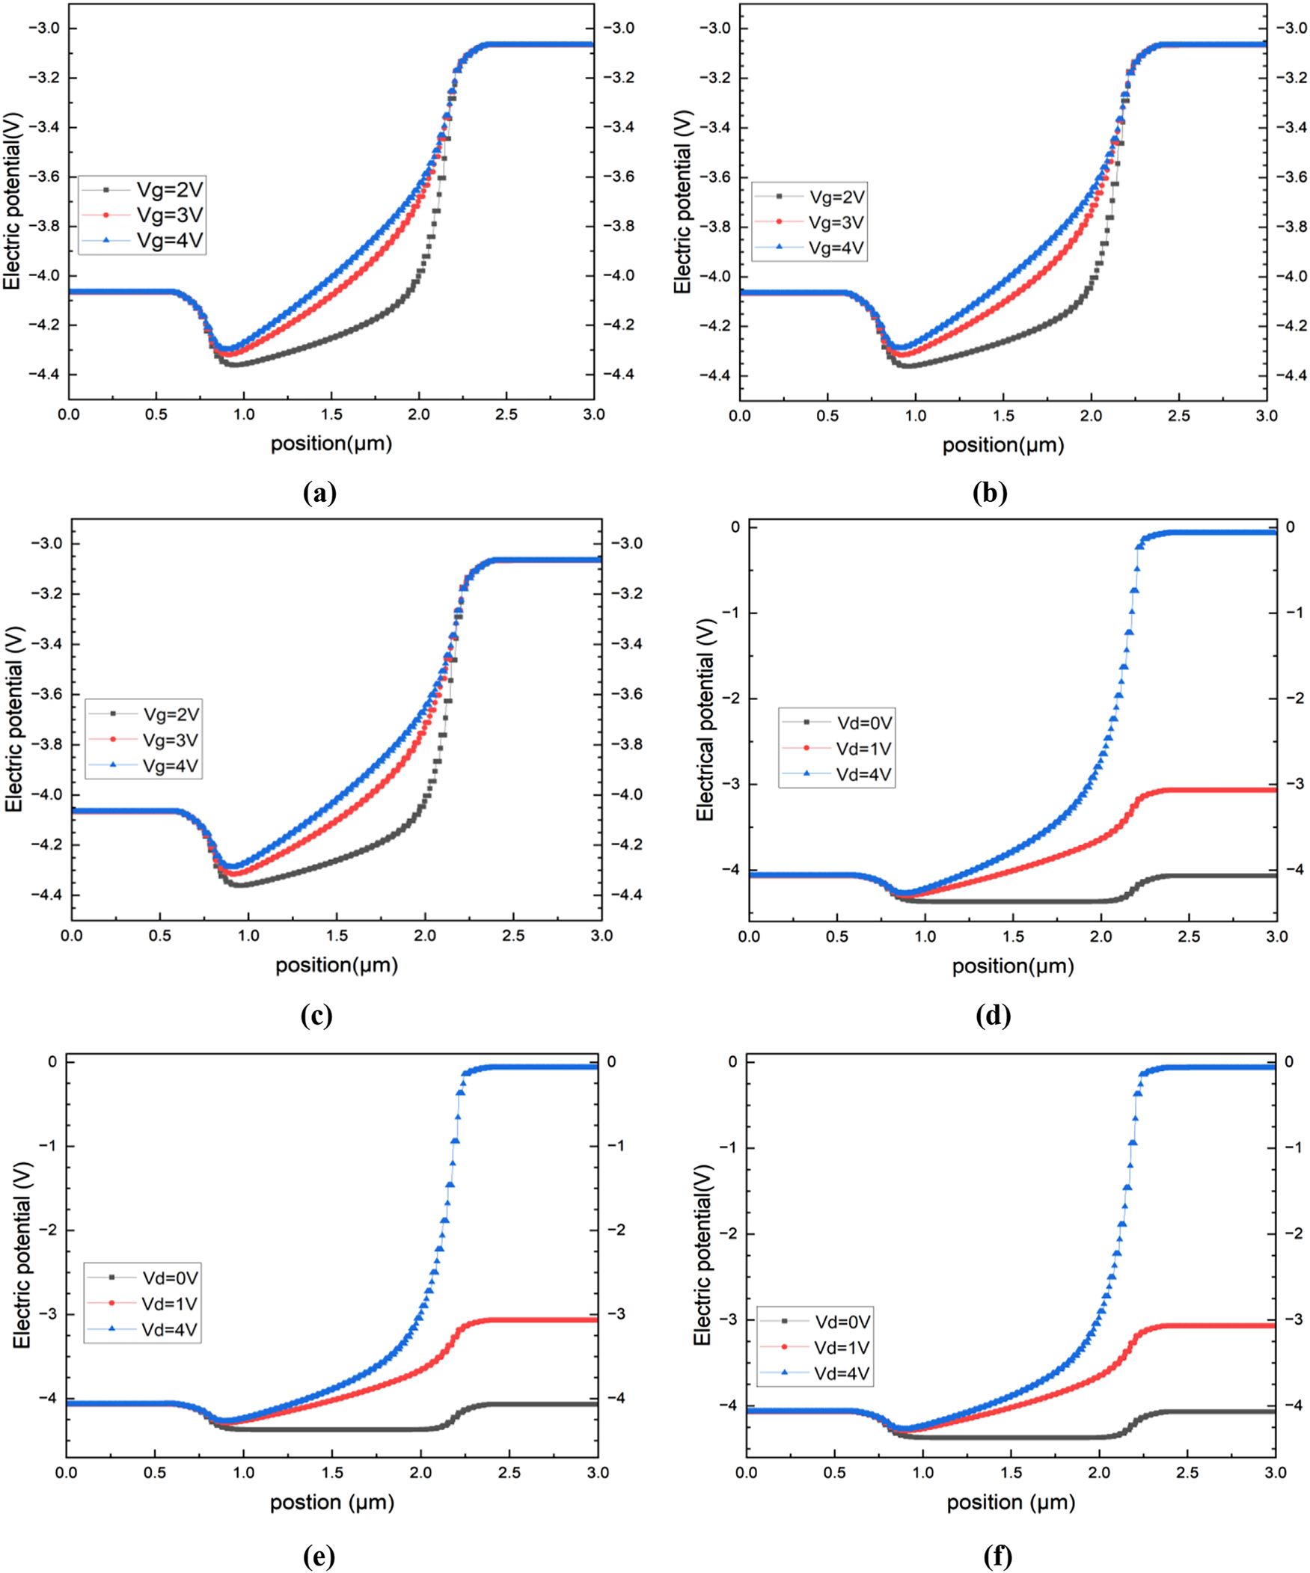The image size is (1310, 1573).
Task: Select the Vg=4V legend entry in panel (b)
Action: (835, 248)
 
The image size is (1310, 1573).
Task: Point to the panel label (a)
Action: (319, 493)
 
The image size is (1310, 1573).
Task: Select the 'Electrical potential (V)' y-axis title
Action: (704, 719)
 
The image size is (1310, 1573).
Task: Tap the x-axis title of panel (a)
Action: (331, 444)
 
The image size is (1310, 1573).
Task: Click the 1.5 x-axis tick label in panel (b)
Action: (1004, 417)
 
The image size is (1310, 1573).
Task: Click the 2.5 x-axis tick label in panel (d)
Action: (1190, 936)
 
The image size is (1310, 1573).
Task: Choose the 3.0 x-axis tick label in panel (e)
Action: (597, 1472)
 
